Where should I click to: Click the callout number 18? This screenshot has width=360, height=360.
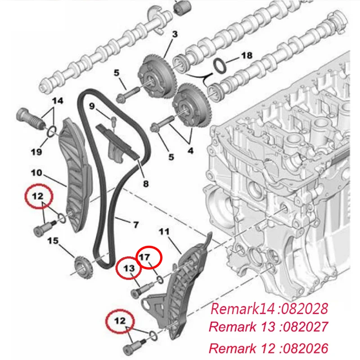[x=247, y=55]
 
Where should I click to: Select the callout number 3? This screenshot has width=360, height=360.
[x=175, y=34]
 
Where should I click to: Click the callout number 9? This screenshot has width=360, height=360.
[x=92, y=106]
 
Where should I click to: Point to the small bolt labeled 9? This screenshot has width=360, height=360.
[x=113, y=121]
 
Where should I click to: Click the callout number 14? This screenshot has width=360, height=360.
[x=58, y=100]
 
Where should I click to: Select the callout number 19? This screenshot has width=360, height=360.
[x=36, y=152]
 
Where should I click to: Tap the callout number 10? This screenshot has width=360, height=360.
[x=36, y=173]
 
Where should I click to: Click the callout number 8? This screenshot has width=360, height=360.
[x=146, y=184]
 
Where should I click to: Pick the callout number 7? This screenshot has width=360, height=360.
[x=136, y=224]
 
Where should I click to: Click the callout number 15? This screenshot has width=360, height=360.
[x=53, y=241]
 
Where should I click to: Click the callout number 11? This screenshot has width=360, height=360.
[x=164, y=232]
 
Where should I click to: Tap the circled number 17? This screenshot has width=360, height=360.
[x=144, y=257]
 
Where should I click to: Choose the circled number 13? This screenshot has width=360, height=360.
[x=129, y=268]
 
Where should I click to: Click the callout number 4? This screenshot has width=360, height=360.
[x=190, y=151]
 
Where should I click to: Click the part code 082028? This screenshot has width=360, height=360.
[x=305, y=308]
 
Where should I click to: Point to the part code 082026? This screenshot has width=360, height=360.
[x=305, y=348]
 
